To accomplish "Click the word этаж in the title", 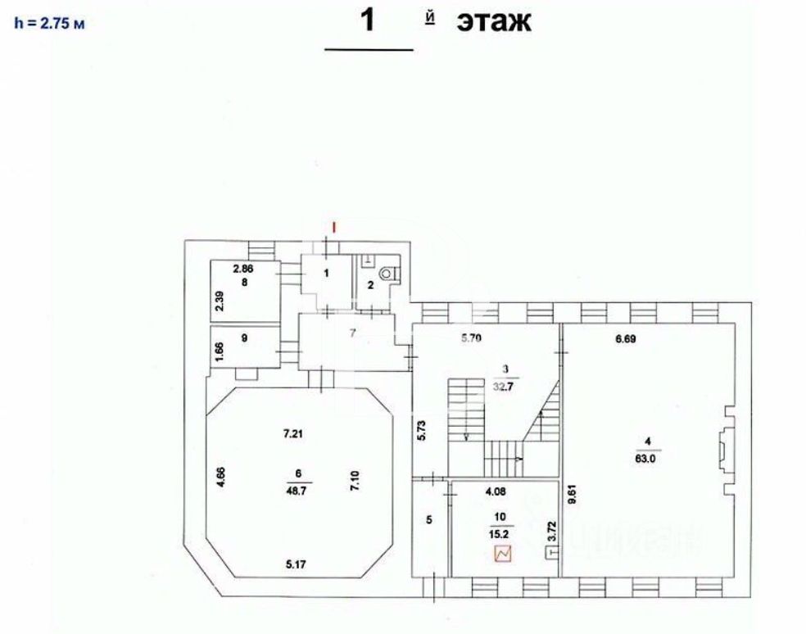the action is [494, 21].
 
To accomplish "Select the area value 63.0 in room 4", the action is [648, 459].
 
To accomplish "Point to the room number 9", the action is [243, 337].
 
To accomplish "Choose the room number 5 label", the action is [428, 519].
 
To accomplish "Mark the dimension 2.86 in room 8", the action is [243, 269].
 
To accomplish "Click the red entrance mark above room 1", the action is [333, 224].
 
